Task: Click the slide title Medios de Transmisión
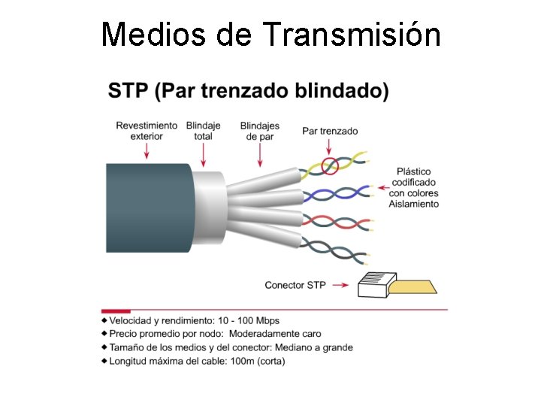(x=270, y=34)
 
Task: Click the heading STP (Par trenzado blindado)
(x=249, y=92)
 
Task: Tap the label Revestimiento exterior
(x=147, y=130)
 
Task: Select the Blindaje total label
(x=203, y=130)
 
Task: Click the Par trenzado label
(x=330, y=131)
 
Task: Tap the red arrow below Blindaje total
(x=204, y=154)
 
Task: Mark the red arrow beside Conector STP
(x=340, y=285)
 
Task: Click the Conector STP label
(x=295, y=285)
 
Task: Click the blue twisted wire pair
(x=334, y=194)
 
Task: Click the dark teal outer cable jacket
(x=147, y=207)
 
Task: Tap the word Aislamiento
(x=413, y=205)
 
